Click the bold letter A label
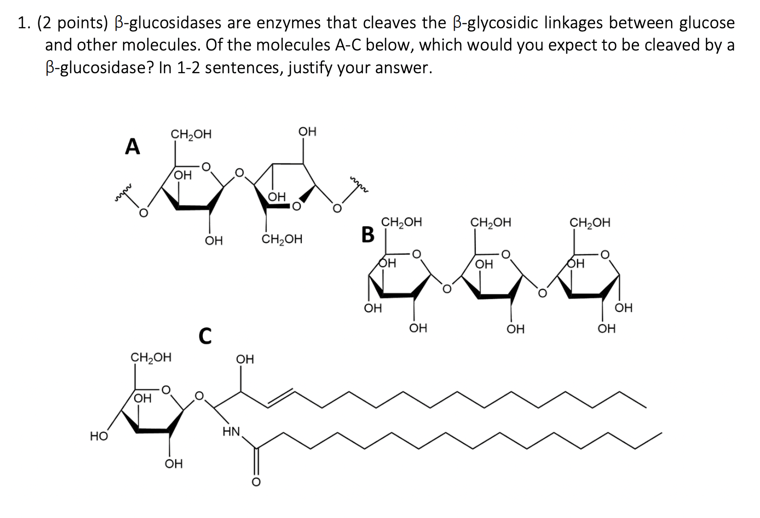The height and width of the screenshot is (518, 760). [132, 146]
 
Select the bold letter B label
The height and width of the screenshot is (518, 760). [368, 235]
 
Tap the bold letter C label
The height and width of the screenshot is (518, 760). [205, 336]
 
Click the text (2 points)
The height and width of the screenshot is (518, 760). [72, 23]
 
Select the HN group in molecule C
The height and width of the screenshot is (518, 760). [232, 432]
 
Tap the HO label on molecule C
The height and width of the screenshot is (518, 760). [99, 436]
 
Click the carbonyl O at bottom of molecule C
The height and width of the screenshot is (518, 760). [256, 482]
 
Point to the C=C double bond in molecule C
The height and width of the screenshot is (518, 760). [281, 398]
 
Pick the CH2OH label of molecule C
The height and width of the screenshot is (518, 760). [151, 357]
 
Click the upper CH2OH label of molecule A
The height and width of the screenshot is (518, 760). [191, 134]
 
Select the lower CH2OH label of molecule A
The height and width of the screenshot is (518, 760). [282, 239]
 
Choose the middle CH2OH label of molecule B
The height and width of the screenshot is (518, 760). [491, 223]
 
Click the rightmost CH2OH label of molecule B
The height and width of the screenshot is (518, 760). [590, 223]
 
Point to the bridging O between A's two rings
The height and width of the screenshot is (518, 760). [240, 173]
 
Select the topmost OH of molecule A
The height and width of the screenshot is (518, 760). [307, 131]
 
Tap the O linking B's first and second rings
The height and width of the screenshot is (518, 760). [447, 289]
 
